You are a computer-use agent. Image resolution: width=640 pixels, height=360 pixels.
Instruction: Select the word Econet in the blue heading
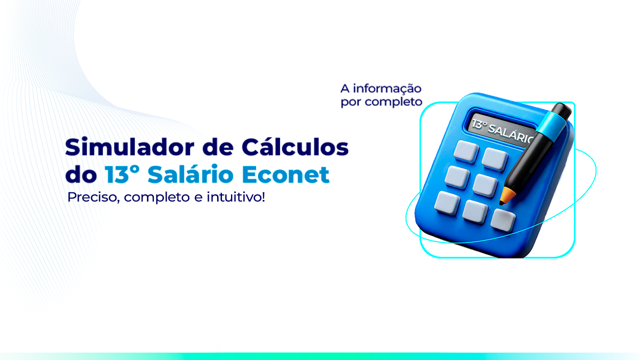(x=285, y=174)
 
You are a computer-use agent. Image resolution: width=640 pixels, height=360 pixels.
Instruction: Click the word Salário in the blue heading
(x=190, y=173)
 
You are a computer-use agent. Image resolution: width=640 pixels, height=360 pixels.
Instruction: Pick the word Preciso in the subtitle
(x=93, y=197)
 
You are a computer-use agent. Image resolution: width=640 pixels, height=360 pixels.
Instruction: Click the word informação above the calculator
(x=387, y=89)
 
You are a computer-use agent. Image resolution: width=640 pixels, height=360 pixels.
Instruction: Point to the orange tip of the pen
(x=506, y=196)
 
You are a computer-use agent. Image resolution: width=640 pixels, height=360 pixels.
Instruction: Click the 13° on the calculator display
(x=479, y=124)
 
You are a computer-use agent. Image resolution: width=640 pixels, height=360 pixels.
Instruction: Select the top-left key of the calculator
(x=466, y=151)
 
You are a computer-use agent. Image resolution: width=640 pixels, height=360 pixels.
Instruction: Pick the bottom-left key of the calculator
(x=447, y=203)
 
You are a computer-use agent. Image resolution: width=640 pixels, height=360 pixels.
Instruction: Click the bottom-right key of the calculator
(x=503, y=219)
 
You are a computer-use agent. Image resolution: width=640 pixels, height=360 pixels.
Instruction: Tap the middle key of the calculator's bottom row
(x=475, y=211)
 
